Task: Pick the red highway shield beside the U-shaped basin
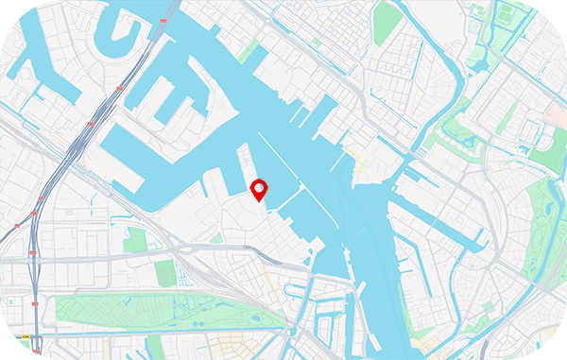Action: pyautogui.click(x=166, y=20)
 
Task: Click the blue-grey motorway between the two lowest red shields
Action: pyautogui.click(x=34, y=283)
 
